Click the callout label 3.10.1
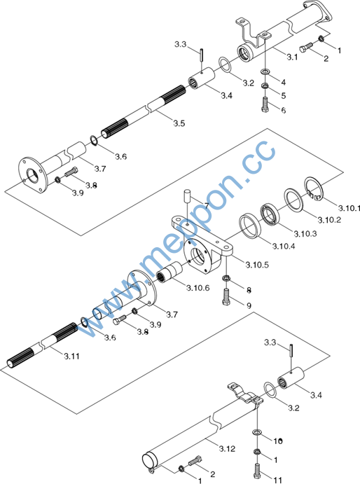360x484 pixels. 349,208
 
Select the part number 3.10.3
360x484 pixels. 305,234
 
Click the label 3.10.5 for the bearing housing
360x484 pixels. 257,265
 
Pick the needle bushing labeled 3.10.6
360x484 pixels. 169,272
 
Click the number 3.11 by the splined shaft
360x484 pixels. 72,357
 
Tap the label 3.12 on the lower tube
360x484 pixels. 227,448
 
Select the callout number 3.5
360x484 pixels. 179,123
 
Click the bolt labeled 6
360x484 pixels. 265,104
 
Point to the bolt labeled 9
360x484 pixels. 226,296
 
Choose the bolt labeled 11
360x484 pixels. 257,471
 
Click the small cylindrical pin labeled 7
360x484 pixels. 187,196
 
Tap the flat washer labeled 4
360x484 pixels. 265,72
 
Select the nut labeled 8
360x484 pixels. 226,278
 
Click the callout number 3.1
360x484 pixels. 292,57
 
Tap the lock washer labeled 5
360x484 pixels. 265,85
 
